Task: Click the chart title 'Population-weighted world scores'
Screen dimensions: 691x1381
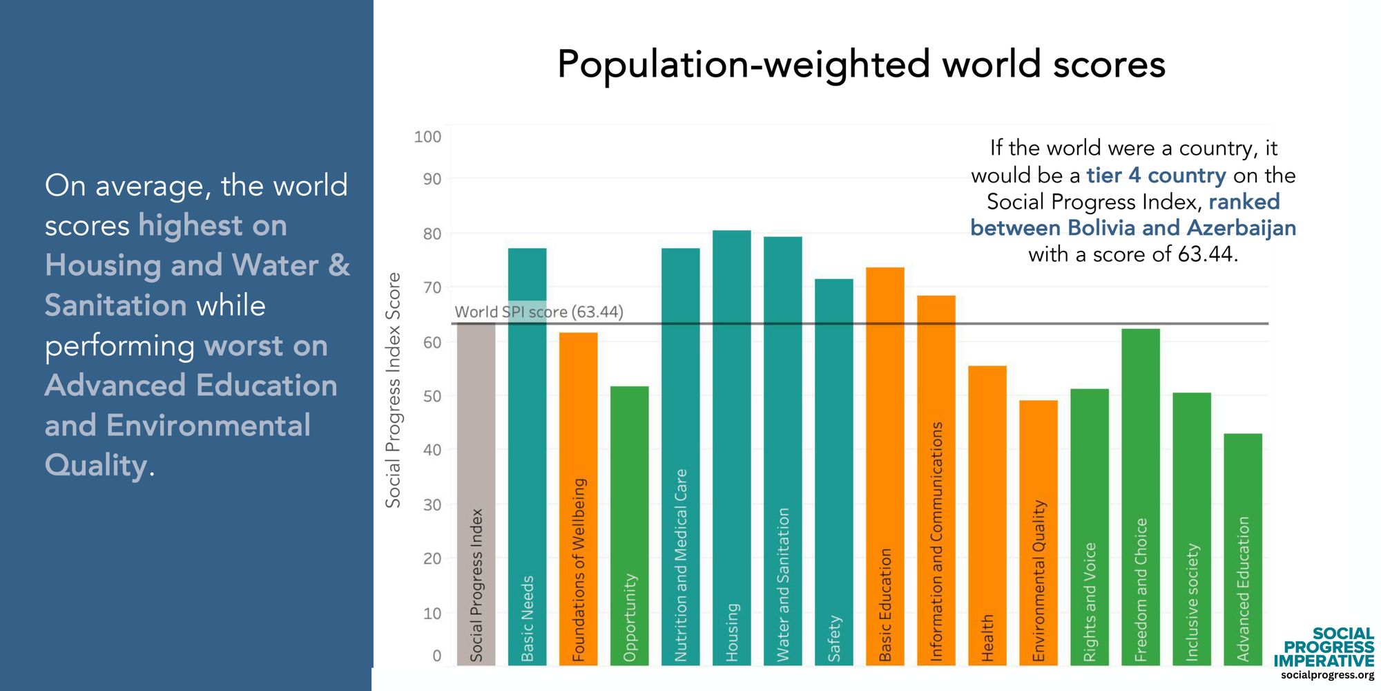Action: pos(861,65)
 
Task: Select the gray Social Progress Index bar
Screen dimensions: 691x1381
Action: pos(476,494)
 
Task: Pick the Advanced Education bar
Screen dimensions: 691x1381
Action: pos(1242,549)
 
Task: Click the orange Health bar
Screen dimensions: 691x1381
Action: pos(987,515)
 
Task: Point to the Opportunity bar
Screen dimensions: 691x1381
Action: pos(629,525)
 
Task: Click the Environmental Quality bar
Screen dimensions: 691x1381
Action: pos(1038,532)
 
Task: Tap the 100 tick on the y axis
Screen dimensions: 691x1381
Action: pos(427,137)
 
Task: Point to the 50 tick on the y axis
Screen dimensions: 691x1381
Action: pos(432,397)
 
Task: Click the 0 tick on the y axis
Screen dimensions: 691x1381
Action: pos(436,656)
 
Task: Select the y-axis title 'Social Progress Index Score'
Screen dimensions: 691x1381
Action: pos(393,390)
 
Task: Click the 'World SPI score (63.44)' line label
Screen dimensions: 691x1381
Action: pos(539,312)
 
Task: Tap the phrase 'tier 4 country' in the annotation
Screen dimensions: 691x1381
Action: pos(1156,176)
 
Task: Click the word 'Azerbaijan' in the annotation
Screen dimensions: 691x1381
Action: pos(1241,228)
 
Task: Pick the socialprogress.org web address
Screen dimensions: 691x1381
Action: pos(1327,675)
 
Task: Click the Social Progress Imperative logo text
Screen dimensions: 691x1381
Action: pos(1324,647)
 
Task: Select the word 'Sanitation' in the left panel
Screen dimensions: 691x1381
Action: pos(116,305)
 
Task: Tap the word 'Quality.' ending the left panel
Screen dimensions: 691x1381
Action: pos(99,465)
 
